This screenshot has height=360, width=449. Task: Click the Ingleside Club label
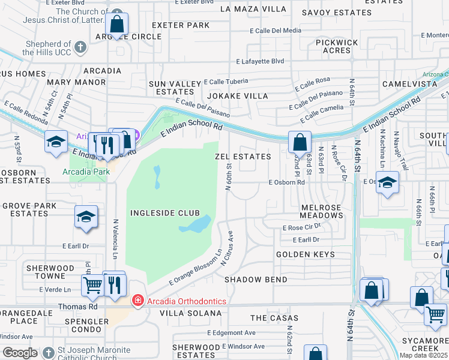point(165,213)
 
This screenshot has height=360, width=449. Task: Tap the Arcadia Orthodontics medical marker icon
point(138,301)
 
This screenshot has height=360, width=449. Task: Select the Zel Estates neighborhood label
point(243,157)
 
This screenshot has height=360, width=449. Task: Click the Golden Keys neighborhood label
point(306,254)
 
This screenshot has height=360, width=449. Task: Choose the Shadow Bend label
point(256,280)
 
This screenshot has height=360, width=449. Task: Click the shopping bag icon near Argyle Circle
point(117,25)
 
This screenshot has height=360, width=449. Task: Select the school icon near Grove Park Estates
point(86,217)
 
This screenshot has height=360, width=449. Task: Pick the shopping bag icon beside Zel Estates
point(300,142)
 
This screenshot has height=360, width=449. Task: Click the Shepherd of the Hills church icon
point(80,46)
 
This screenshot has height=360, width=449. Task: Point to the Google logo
point(20,353)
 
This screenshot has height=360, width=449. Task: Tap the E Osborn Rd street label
point(287,182)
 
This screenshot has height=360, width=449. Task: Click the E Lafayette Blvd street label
point(260,61)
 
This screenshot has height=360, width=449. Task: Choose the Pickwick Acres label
point(337,47)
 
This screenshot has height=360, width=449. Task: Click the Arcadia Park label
point(86,172)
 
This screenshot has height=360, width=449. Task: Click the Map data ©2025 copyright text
point(423,355)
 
